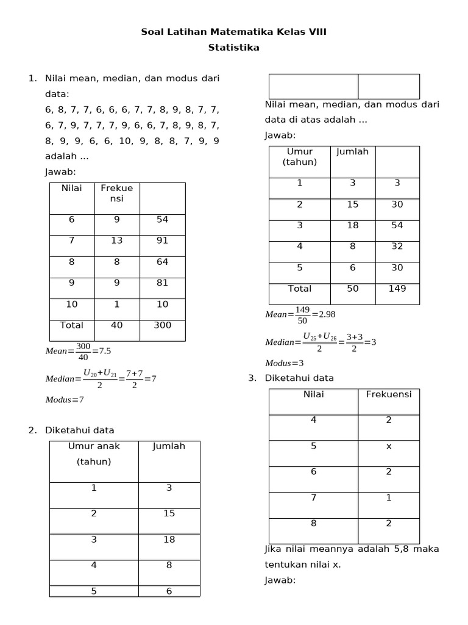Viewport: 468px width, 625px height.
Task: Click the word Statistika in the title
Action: click(234, 48)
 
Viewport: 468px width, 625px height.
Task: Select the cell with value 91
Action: click(162, 240)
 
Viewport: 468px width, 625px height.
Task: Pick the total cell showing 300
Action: click(162, 325)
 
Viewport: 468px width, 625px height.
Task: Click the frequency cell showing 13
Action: click(116, 240)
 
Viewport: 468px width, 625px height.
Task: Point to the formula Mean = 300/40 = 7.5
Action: click(78, 351)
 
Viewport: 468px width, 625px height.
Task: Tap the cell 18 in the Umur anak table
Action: click(169, 540)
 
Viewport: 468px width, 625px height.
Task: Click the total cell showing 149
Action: click(397, 289)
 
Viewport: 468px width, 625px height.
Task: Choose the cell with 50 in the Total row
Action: click(353, 289)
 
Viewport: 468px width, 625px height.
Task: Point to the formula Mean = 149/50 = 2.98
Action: click(300, 314)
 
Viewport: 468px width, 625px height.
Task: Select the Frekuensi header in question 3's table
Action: click(389, 394)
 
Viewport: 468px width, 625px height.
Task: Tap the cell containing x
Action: click(389, 446)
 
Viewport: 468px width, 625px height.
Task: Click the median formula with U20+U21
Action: click(101, 378)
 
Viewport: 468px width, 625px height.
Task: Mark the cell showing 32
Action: click(397, 247)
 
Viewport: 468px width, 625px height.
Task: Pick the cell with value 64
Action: click(162, 262)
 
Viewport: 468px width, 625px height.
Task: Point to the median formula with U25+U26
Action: click(321, 342)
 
